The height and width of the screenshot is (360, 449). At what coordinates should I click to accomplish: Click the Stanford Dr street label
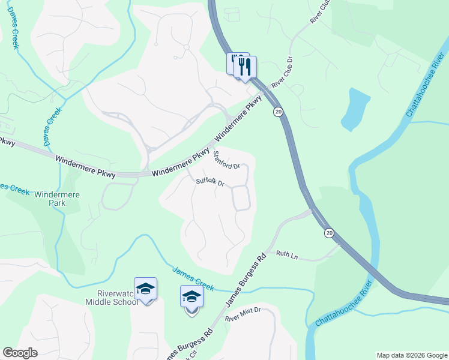228,160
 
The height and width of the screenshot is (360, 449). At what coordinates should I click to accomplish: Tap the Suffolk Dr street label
210,182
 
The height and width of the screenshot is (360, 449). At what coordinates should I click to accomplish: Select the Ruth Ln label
287,254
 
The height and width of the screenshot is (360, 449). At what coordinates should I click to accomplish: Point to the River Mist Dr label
243,312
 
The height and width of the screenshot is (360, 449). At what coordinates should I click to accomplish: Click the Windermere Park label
58,199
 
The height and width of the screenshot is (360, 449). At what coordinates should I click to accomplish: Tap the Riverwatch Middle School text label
109,298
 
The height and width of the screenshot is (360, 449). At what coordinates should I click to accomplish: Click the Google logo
20,353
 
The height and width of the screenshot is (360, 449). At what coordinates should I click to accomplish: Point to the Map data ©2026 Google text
411,355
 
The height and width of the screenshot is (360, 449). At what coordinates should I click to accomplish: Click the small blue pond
355,109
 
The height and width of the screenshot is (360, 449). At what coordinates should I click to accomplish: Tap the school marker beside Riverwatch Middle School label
145,289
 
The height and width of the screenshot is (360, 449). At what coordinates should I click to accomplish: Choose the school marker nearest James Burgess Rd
191,296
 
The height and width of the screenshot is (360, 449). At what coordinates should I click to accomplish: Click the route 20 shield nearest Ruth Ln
329,232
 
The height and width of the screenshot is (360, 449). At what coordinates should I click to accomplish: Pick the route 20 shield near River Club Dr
277,112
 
